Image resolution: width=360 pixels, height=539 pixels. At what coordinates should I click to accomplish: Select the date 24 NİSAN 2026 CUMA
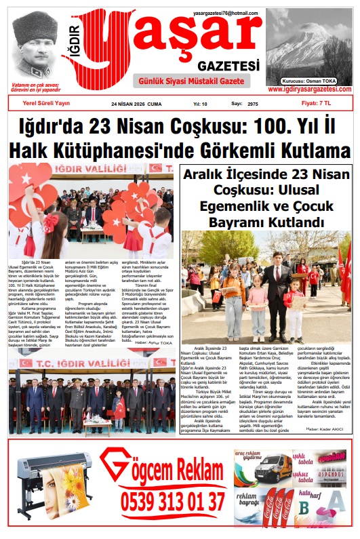[x=136, y=104]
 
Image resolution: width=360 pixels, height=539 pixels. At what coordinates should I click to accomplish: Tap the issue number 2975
[x=253, y=104]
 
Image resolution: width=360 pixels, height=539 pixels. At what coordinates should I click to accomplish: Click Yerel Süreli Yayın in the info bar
[x=47, y=104]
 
